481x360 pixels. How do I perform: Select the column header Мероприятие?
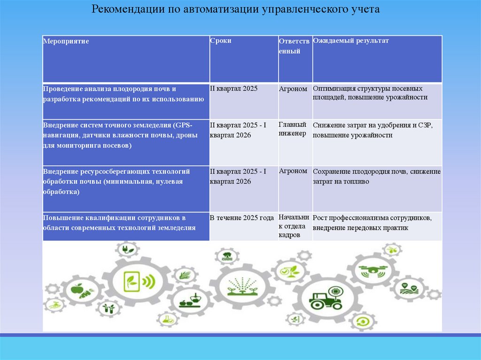pyautogui.click(x=66, y=41)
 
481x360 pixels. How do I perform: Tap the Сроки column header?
pyautogui.click(x=221, y=41)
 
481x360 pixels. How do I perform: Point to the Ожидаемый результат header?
pyautogui.click(x=351, y=41)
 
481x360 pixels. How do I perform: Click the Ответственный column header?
pyautogui.click(x=294, y=46)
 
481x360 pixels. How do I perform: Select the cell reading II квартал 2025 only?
pyautogui.click(x=234, y=88)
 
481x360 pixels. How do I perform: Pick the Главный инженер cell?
pyautogui.click(x=293, y=129)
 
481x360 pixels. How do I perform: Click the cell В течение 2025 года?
pyautogui.click(x=242, y=218)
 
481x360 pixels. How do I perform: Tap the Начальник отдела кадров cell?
pyautogui.click(x=294, y=226)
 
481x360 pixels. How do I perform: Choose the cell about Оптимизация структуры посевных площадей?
pyautogui.click(x=370, y=93)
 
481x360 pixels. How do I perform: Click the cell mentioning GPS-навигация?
pyautogui.click(x=121, y=135)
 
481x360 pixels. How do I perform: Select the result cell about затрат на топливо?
pyautogui.click(x=377, y=176)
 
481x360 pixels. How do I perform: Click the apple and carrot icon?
pyautogui.click(x=77, y=291)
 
